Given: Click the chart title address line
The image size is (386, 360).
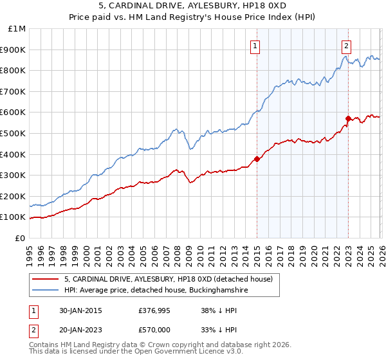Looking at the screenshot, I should pos(192,6).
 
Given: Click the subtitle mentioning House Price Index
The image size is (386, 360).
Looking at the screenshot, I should pos(192,16).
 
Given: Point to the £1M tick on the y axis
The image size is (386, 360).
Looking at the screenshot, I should pos(17,28).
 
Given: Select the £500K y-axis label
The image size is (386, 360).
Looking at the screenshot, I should pos(14,133).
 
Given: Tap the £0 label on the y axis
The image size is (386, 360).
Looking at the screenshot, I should pos(20,238).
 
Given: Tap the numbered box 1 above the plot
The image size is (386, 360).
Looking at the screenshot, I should pos(256,46).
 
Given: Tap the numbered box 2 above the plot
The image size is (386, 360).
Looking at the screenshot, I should pos(347,46).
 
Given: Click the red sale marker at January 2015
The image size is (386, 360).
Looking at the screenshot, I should pos(257,159).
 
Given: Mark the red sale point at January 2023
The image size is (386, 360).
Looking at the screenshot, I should pos(348,118).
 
